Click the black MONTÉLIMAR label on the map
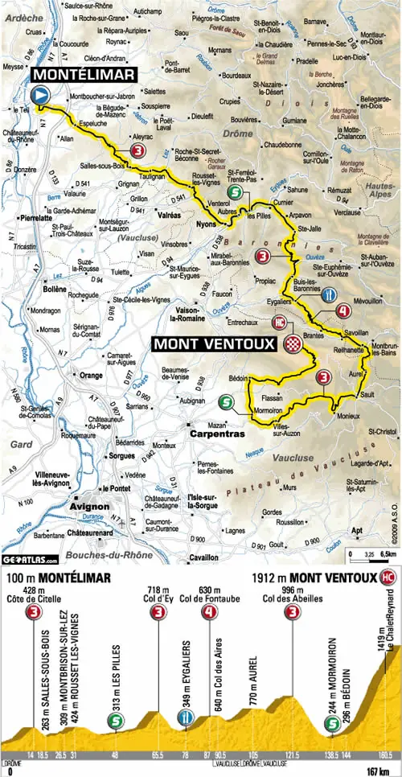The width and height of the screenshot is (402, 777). click(84, 73)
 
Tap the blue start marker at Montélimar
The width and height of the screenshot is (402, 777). click(40, 96)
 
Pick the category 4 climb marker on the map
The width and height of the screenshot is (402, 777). click(344, 311)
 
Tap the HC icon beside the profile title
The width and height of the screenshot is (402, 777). click(389, 577)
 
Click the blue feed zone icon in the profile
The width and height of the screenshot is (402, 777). click(185, 720)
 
